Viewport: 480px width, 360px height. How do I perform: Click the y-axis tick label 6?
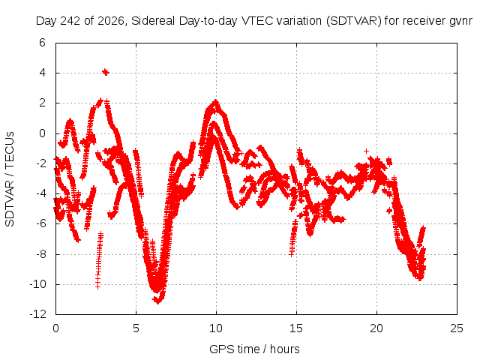42,43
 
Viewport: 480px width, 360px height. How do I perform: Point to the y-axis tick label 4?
42,73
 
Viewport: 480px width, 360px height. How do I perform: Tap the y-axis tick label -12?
38,314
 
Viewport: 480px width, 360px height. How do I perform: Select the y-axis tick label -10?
38,284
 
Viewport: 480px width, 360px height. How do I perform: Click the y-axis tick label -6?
40,223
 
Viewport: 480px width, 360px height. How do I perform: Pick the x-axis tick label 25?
457,328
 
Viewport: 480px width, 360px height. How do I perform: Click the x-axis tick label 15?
296,328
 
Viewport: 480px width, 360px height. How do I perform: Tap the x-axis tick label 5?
136,328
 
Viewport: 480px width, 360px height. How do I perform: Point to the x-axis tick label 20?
376,328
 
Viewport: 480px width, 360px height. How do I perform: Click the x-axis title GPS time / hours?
254,349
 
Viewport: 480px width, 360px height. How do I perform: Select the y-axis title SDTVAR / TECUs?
10,179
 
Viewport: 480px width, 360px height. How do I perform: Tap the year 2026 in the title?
111,21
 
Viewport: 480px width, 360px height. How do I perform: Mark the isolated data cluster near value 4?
106,72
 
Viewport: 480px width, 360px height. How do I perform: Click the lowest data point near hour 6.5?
158,301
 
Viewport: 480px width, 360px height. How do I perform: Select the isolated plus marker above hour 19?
366,151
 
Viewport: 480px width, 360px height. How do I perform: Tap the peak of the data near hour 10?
216,101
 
